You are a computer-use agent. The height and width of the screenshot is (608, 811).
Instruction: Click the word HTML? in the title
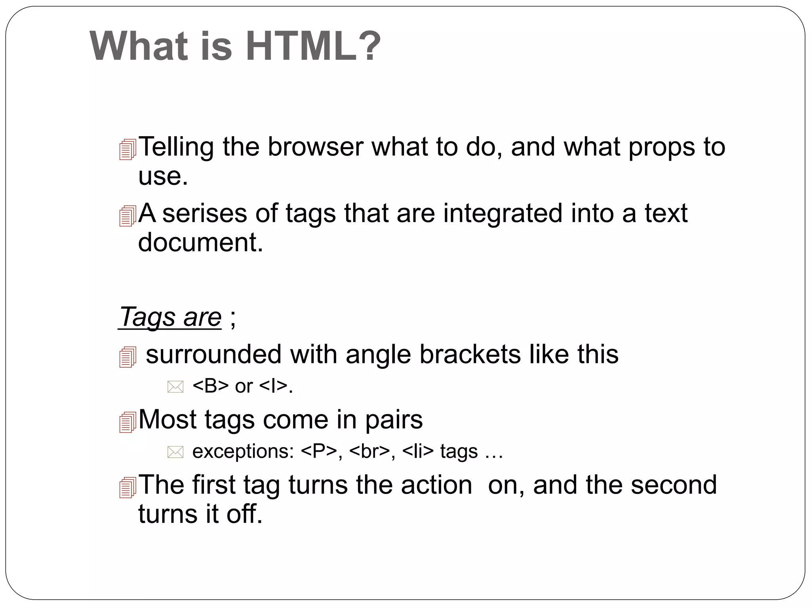313,46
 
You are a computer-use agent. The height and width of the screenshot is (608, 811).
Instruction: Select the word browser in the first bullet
315,147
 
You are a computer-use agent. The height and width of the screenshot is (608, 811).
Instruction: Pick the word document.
200,242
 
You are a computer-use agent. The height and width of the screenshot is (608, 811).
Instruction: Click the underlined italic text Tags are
170,317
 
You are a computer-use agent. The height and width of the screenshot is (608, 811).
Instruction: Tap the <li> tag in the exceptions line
418,451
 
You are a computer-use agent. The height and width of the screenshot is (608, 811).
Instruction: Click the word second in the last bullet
674,485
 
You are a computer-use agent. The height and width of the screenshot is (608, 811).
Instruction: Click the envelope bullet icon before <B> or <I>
175,387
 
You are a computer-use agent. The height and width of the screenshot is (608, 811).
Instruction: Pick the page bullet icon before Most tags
128,422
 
